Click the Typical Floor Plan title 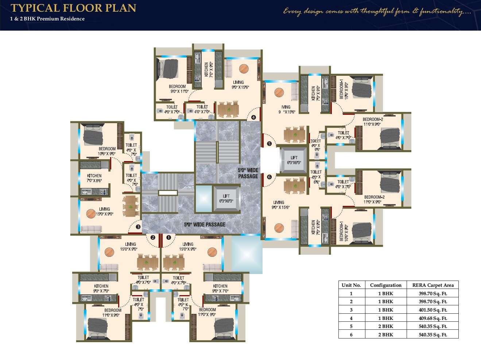[x=73, y=8]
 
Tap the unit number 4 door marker [x=253, y=118]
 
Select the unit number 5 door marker [x=269, y=144]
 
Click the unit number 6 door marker [x=269, y=177]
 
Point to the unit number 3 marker [x=138, y=227]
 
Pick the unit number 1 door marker [x=168, y=238]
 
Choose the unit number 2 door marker [x=153, y=238]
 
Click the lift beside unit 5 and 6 [x=294, y=160]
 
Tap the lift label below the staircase [x=226, y=199]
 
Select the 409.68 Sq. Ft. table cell [x=432, y=318]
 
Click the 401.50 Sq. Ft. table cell [x=432, y=310]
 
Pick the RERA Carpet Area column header [x=432, y=285]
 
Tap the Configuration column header [x=385, y=285]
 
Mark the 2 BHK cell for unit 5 [x=385, y=326]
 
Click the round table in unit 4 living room [x=244, y=69]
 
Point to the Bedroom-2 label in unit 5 [x=373, y=122]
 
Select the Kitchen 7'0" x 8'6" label [x=94, y=178]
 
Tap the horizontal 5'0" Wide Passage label [x=205, y=224]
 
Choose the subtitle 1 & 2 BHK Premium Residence [x=47, y=19]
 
